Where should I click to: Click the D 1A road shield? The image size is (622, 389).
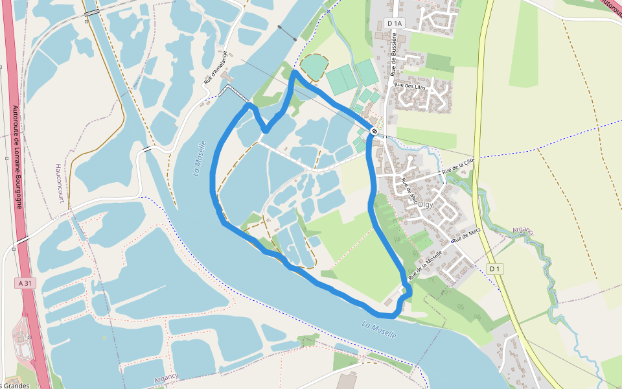[x=394, y=23]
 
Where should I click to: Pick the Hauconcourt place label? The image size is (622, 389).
[x=60, y=183]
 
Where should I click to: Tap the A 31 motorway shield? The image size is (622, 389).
[x=25, y=283]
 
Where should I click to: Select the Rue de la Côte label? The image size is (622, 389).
[x=459, y=166]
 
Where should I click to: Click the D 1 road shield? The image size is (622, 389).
[x=496, y=268]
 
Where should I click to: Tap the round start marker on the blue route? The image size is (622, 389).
[x=374, y=132]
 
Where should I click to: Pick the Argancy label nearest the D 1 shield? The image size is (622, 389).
[x=523, y=231]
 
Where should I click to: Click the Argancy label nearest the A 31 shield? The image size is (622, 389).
[x=166, y=378]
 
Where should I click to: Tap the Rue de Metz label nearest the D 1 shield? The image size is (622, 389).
[x=466, y=235]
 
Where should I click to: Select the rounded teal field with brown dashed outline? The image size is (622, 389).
[x=314, y=67]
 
